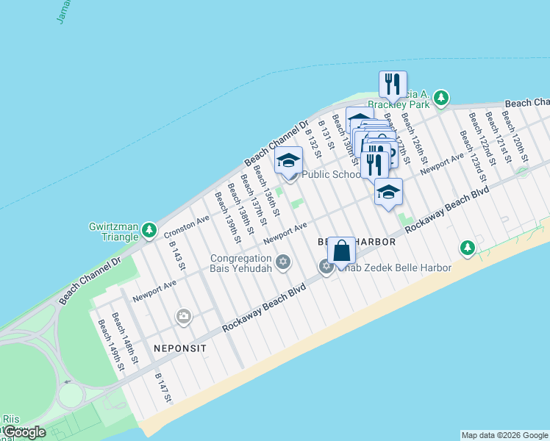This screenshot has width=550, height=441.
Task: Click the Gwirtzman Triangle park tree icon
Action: coord(149,231)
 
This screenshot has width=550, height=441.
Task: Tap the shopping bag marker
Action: coord(341,251)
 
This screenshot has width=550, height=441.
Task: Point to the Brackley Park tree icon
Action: coord(440,98)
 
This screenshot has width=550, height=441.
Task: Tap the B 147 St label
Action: coord(163,387)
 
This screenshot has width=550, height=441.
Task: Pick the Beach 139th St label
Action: coord(226,218)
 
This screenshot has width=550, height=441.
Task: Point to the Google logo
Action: coord(25,432)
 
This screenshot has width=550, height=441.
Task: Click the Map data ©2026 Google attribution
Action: coord(504,435)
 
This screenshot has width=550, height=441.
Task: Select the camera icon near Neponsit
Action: coord(183,317)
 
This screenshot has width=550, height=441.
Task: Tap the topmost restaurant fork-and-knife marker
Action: coord(393,83)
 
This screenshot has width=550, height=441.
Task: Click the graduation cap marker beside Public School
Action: coord(289,159)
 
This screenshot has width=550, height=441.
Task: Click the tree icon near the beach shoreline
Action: coord(467,248)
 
